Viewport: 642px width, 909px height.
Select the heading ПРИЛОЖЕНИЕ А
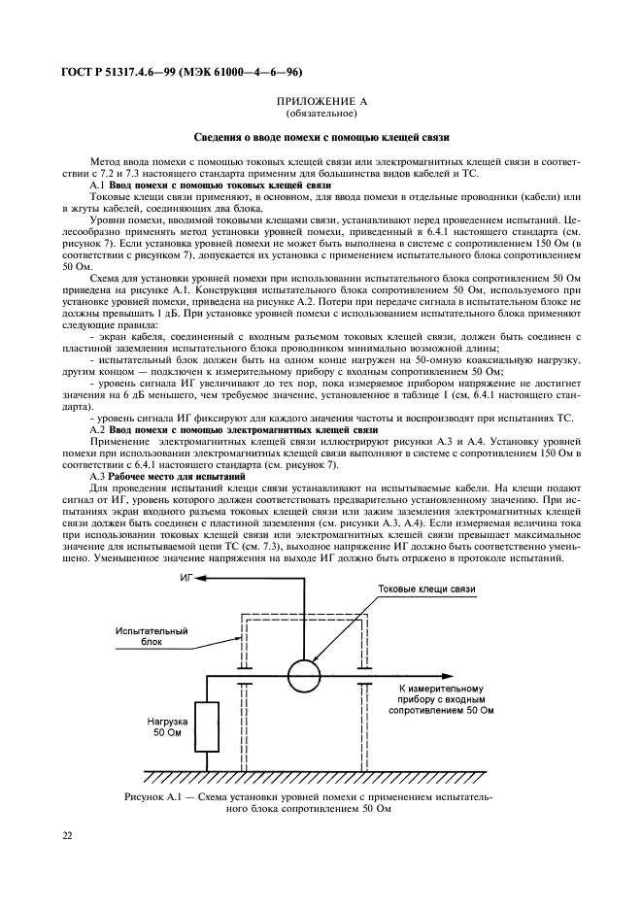tap(321, 100)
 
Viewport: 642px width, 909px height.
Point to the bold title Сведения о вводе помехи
tap(321, 137)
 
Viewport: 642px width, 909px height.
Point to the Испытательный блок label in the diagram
tap(152, 635)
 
